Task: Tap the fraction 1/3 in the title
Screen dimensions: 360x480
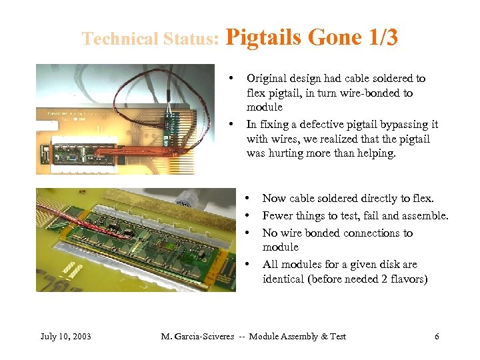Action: pos(382,37)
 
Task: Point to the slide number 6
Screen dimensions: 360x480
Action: pos(437,336)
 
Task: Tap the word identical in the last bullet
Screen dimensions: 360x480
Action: pos(285,279)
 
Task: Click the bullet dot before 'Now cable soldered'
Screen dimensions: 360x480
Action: pos(248,198)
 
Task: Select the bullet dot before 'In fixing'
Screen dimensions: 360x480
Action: pos(231,124)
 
